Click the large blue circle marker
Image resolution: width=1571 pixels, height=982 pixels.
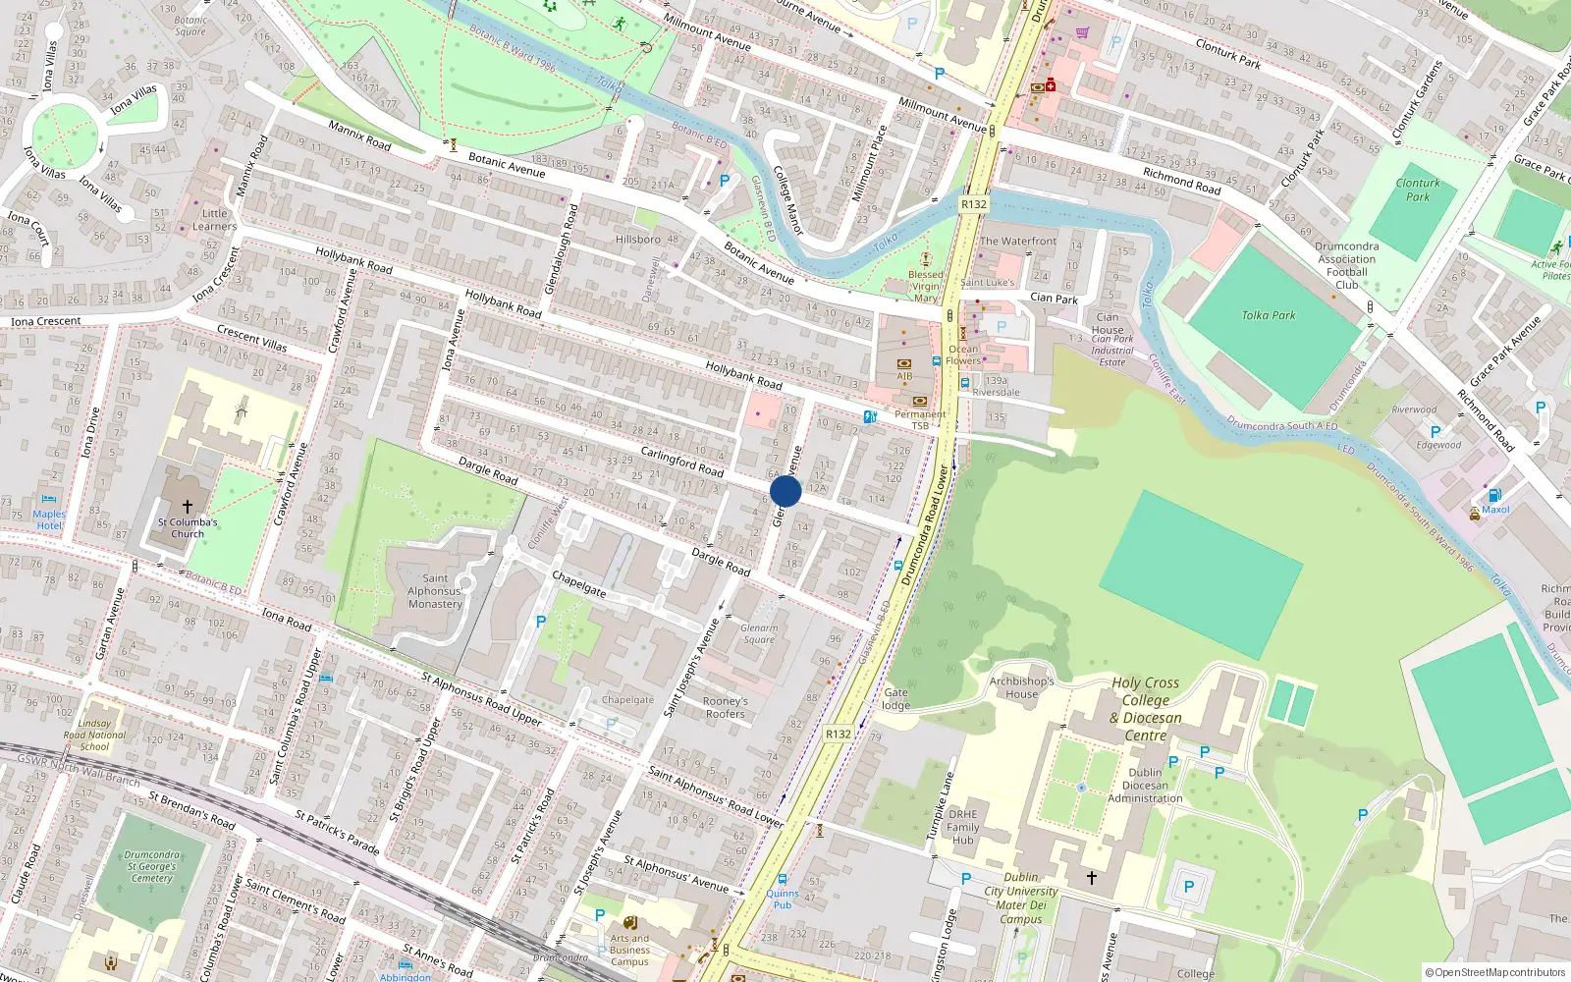pyautogui.click(x=785, y=491)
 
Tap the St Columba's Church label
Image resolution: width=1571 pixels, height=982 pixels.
pyautogui.click(x=188, y=528)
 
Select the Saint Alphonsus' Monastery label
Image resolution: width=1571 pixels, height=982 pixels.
pyautogui.click(x=435, y=591)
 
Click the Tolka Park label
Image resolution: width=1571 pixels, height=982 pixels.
pyautogui.click(x=1269, y=315)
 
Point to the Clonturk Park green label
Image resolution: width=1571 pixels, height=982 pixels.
pyautogui.click(x=1418, y=190)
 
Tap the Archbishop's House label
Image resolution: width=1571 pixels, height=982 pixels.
pyautogui.click(x=1021, y=687)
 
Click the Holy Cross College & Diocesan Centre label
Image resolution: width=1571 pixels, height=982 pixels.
pyautogui.click(x=1146, y=709)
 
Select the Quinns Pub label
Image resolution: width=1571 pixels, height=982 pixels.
pyautogui.click(x=783, y=899)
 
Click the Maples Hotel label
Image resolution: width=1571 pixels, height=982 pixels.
pyautogui.click(x=49, y=519)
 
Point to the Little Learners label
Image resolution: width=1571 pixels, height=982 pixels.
pyautogui.click(x=214, y=220)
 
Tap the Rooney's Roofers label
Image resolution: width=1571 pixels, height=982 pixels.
pyautogui.click(x=725, y=708)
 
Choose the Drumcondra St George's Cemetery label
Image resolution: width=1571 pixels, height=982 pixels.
pyautogui.click(x=151, y=866)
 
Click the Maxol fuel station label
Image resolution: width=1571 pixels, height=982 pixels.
pyautogui.click(x=1495, y=510)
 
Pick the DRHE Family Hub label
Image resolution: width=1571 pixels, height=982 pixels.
pyautogui.click(x=962, y=827)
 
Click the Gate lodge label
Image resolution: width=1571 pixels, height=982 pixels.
pyautogui.click(x=895, y=699)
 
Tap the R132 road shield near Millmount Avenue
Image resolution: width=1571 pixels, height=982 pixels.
pyautogui.click(x=973, y=204)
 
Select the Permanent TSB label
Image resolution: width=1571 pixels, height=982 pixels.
pyautogui.click(x=920, y=419)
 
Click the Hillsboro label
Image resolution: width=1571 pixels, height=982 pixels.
pyautogui.click(x=638, y=239)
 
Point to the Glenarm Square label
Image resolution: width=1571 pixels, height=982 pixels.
pyautogui.click(x=759, y=633)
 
